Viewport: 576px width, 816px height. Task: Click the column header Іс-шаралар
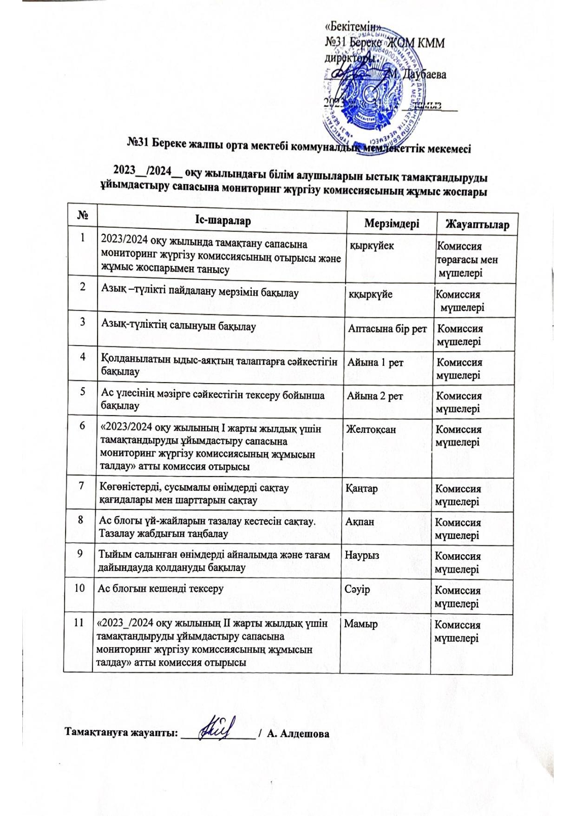click(x=223, y=220)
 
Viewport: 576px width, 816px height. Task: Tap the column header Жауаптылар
click(x=477, y=225)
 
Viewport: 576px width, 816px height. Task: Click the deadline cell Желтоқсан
click(x=371, y=429)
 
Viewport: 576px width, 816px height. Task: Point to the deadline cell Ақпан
click(x=360, y=522)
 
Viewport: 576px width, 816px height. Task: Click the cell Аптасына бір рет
click(x=387, y=329)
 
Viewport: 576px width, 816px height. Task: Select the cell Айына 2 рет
click(x=375, y=396)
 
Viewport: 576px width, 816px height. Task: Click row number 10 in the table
click(x=79, y=588)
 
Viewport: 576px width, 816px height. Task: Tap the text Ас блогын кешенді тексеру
click(x=161, y=589)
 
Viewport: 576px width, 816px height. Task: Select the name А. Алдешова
click(x=299, y=734)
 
